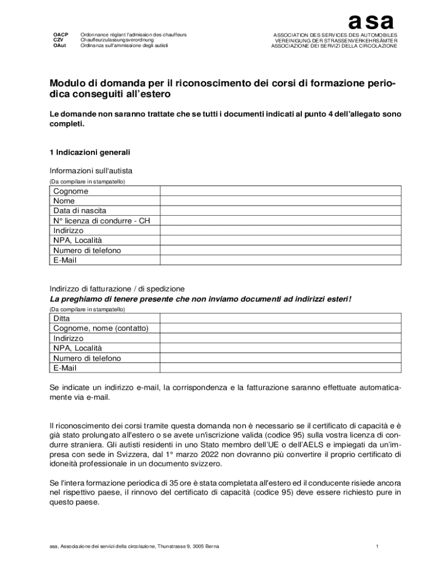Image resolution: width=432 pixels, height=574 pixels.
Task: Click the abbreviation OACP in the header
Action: [61, 35]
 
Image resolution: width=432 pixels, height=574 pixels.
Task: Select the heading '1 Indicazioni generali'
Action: [90, 152]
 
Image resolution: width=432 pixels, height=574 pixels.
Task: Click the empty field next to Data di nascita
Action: [281, 211]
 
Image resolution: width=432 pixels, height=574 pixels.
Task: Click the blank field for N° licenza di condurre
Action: [281, 221]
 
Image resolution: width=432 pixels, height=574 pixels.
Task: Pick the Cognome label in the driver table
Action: [71, 191]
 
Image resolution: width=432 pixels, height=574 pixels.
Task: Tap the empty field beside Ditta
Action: [281, 318]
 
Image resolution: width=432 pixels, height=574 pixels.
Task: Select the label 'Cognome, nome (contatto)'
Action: [100, 328]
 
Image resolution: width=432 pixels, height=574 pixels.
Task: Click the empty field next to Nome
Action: [281, 201]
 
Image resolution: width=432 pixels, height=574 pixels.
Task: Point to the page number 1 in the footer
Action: [378, 546]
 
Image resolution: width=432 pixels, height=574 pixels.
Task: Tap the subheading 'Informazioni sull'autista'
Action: [91, 171]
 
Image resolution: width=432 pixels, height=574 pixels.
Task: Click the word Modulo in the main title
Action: [69, 84]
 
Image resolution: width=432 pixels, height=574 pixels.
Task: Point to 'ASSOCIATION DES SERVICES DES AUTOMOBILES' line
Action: [335, 35]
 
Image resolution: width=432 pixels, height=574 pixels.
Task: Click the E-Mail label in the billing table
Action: [65, 368]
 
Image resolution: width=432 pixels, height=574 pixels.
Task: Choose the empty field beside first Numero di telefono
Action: [281, 251]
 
